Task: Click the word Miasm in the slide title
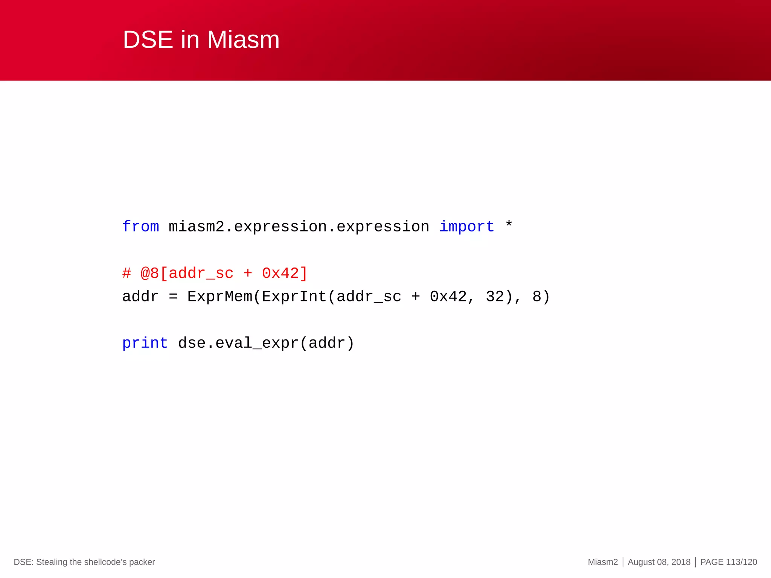click(x=243, y=40)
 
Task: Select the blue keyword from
click(x=140, y=227)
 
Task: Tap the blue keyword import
click(x=466, y=227)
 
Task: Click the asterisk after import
click(x=509, y=225)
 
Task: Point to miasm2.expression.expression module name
click(x=299, y=227)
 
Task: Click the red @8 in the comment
click(x=149, y=273)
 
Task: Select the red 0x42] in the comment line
click(x=285, y=273)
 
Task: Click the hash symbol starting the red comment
click(x=126, y=273)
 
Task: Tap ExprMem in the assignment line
click(x=219, y=297)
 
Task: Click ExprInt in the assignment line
click(x=294, y=297)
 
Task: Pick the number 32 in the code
click(x=495, y=297)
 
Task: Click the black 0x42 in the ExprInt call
click(x=448, y=297)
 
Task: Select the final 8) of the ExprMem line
click(x=541, y=297)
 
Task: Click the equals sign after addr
click(x=173, y=297)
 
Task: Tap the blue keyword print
click(x=145, y=343)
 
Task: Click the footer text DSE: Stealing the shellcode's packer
click(x=84, y=562)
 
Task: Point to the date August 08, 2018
click(x=659, y=562)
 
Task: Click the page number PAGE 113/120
click(x=728, y=562)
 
